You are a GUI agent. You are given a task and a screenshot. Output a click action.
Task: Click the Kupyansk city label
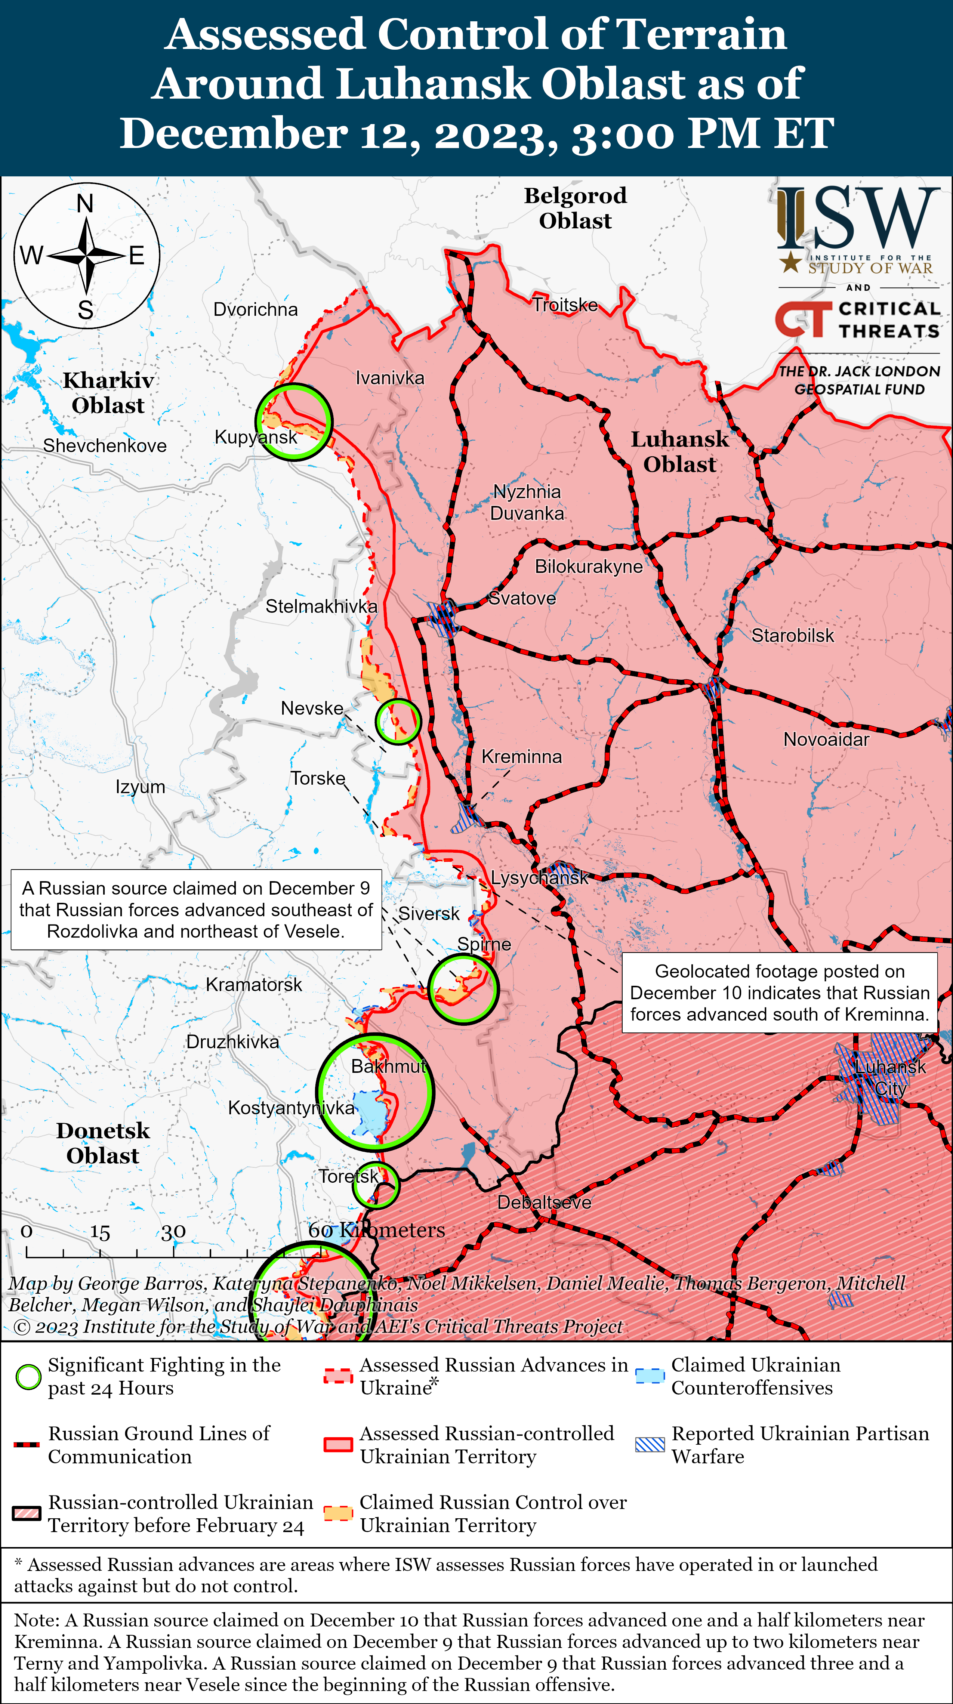[256, 437]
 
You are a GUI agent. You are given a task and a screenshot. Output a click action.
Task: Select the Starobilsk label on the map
[792, 636]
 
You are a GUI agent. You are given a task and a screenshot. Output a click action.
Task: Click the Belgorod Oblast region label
[575, 208]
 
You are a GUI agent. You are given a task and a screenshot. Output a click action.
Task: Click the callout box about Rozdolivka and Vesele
[197, 910]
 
